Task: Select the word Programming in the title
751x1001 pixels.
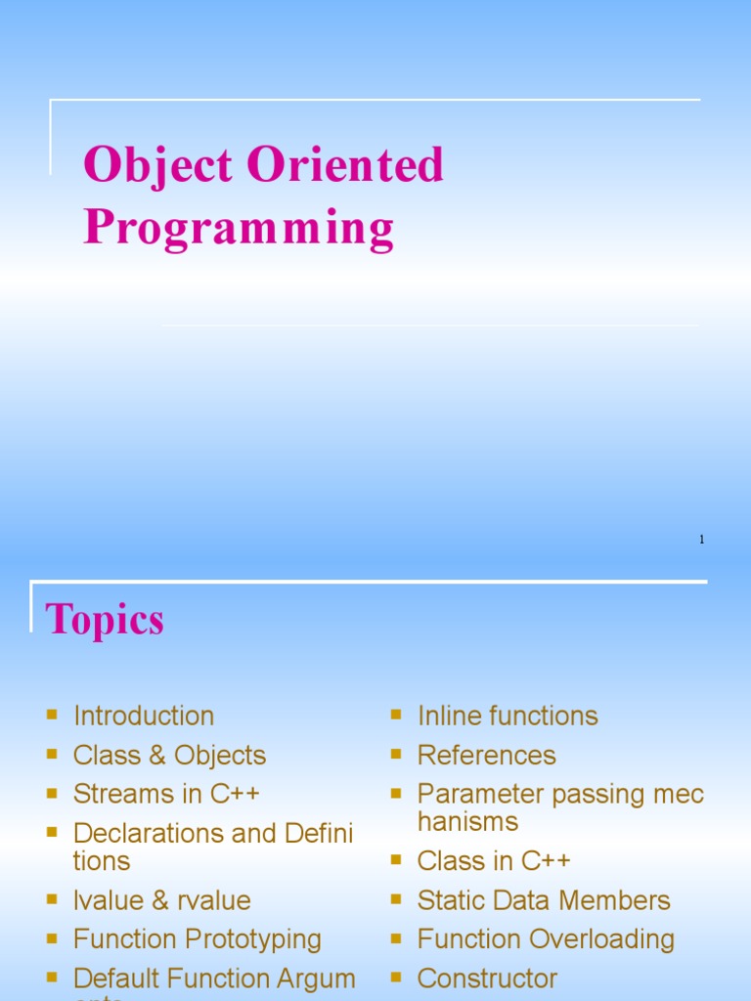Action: (239, 229)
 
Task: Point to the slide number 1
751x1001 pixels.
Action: (702, 540)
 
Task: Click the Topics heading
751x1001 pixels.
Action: (105, 620)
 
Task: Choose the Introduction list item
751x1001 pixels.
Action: (144, 717)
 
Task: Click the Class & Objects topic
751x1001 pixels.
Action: (169, 756)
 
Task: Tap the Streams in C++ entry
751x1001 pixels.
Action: (166, 794)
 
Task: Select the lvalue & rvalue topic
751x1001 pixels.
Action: (161, 900)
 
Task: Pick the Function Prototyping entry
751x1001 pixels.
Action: (197, 939)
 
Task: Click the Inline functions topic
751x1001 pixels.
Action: (508, 717)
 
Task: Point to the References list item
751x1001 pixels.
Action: (486, 756)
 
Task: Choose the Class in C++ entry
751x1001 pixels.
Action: (494, 861)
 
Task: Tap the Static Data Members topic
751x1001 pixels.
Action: (544, 900)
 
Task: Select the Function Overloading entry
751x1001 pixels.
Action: (546, 939)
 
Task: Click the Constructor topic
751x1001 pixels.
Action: (487, 979)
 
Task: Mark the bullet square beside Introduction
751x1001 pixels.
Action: (52, 716)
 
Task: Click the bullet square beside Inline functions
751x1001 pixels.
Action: (396, 716)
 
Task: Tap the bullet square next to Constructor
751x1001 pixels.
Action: (396, 978)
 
